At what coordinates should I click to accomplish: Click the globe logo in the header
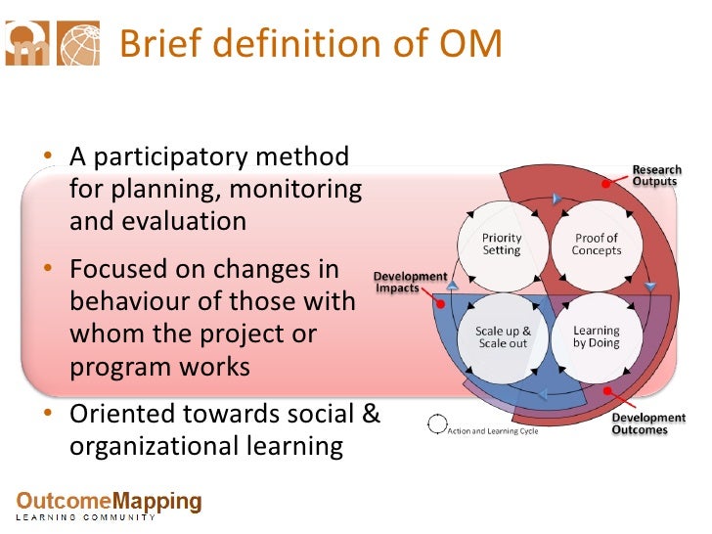click(78, 45)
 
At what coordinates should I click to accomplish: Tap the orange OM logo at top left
click(28, 45)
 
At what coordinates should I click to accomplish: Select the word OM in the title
click(470, 44)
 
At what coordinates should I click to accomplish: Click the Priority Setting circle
click(502, 244)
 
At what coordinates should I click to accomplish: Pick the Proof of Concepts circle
click(596, 244)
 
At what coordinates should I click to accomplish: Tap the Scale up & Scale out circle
click(502, 337)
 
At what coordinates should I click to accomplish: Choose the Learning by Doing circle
click(596, 337)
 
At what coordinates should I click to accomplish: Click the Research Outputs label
click(656, 175)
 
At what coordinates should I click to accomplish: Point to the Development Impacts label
click(411, 282)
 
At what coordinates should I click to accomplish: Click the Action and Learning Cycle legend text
click(493, 430)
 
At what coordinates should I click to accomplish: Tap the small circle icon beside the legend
click(435, 424)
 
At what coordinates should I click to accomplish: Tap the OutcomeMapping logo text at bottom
click(109, 503)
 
